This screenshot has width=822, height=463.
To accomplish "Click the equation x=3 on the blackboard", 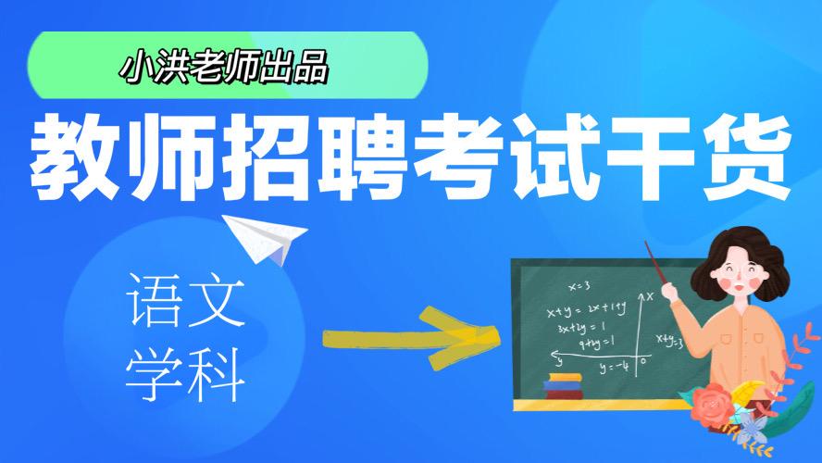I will coord(580,285).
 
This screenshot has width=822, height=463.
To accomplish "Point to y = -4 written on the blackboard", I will coord(613,367).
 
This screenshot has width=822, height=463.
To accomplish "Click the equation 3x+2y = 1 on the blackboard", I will coord(579,327).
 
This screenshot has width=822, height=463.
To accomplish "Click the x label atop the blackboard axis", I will coord(649,295).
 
